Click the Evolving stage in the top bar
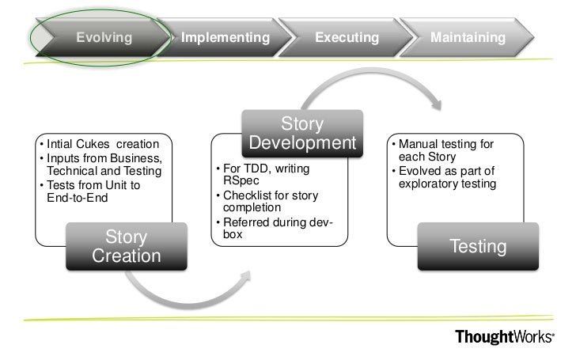(x=103, y=38)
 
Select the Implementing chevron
(x=225, y=38)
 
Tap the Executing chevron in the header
(x=347, y=38)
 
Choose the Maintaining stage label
(x=468, y=38)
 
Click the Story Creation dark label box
(x=127, y=247)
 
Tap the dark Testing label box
(x=478, y=247)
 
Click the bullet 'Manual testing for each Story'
(x=446, y=151)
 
